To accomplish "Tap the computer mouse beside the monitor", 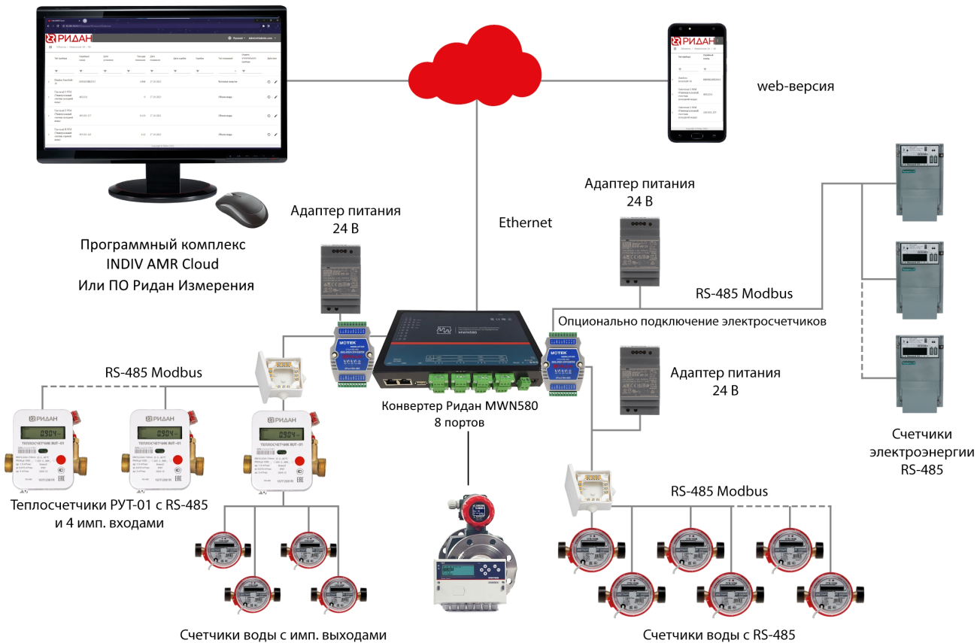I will click(x=241, y=208).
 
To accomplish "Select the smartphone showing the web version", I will click(x=699, y=82).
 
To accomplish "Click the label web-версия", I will click(x=795, y=86).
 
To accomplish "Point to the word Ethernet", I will click(x=525, y=223).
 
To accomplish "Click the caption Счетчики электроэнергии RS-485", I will click(x=921, y=452).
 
